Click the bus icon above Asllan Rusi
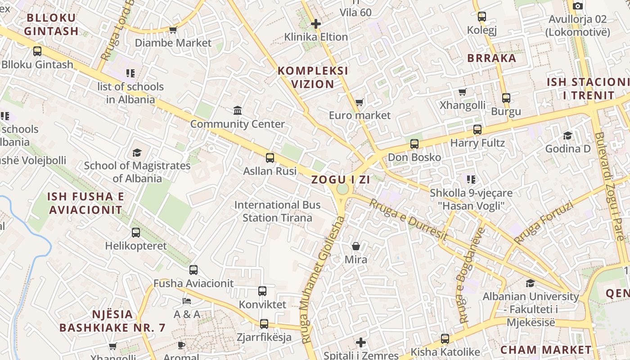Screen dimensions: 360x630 click(x=270, y=157)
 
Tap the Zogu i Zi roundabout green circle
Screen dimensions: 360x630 click(x=342, y=189)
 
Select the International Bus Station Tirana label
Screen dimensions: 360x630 click(x=277, y=211)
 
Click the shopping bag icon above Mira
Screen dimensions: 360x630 click(x=356, y=246)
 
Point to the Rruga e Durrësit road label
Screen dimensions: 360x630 click(x=408, y=220)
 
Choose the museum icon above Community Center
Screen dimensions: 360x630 click(x=238, y=110)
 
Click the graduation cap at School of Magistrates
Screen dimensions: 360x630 click(x=137, y=153)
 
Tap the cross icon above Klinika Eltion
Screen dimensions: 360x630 click(x=316, y=23)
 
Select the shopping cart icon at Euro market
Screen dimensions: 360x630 click(x=359, y=102)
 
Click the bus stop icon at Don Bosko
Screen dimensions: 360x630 click(x=414, y=144)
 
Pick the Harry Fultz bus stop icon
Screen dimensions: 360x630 click(x=477, y=130)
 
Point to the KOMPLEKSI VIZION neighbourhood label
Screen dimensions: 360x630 click(x=313, y=77)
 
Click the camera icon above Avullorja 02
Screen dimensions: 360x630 click(x=578, y=6)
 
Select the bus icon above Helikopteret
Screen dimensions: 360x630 click(x=136, y=233)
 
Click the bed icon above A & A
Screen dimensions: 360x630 click(x=187, y=301)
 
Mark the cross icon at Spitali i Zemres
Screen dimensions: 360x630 click(x=360, y=342)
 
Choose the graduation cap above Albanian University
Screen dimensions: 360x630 click(x=531, y=283)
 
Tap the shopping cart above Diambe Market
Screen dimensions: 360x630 click(x=173, y=30)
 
